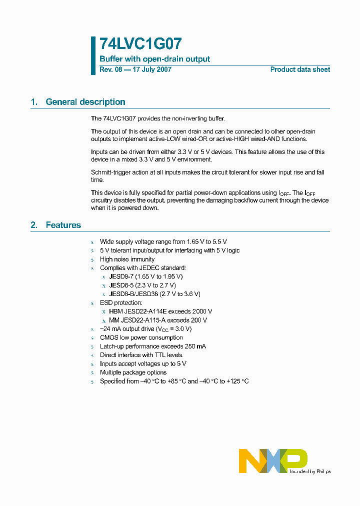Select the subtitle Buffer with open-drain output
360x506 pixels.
(x=154, y=59)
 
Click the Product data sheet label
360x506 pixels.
(x=300, y=70)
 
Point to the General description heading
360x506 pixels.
(x=85, y=102)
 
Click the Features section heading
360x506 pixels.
(x=63, y=225)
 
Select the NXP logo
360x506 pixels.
(x=272, y=460)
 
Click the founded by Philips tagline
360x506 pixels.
(x=310, y=471)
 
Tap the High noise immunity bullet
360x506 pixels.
(x=127, y=259)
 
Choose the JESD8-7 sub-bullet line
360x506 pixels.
(x=146, y=276)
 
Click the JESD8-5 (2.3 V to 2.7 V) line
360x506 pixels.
(x=142, y=285)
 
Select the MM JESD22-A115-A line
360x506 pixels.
(x=158, y=320)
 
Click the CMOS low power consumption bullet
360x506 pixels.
(x=141, y=338)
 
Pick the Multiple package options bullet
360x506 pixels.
(x=133, y=372)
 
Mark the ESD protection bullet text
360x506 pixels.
(x=121, y=303)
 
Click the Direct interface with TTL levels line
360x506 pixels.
(x=141, y=355)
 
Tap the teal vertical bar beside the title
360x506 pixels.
(x=93, y=55)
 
